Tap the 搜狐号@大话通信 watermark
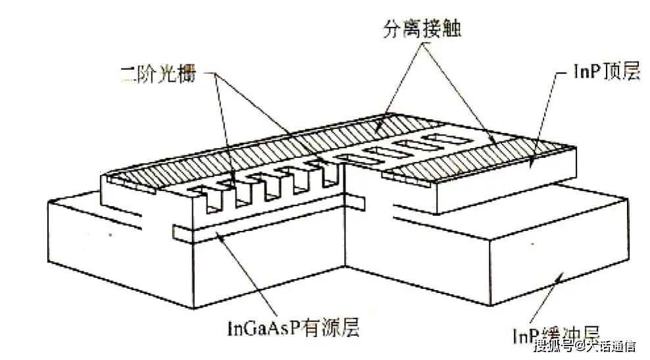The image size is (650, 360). (584, 346)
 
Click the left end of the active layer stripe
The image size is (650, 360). (176, 230)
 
